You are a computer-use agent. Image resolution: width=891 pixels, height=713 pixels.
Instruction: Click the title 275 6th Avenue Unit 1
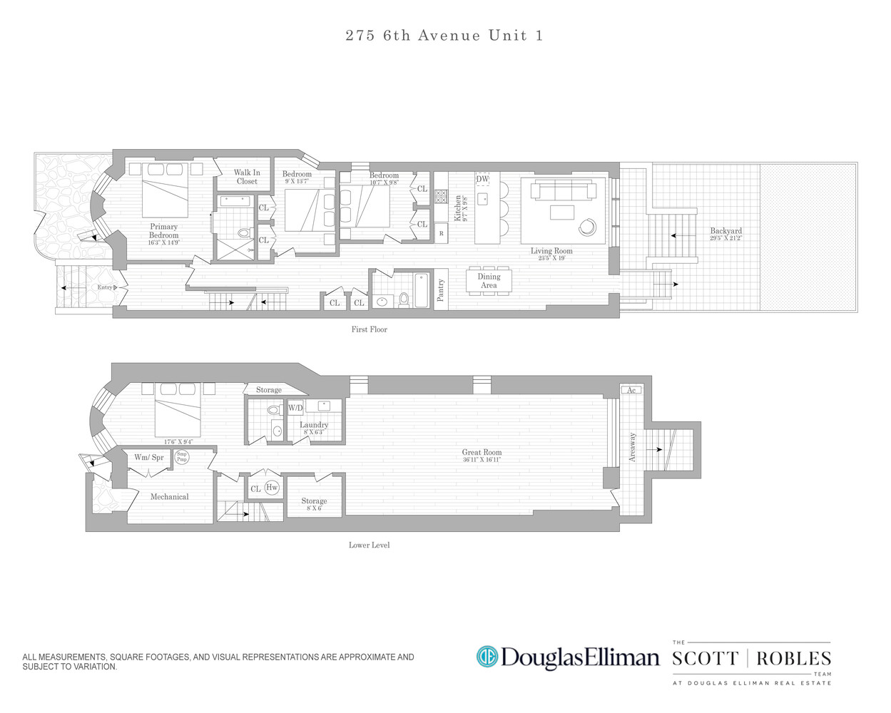click(x=444, y=36)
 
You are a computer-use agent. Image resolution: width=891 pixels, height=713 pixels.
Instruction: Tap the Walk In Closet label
click(x=247, y=177)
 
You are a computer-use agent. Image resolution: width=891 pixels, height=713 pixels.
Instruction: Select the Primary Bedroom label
click(x=163, y=231)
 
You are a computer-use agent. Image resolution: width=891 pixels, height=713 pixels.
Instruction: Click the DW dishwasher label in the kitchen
click(x=482, y=179)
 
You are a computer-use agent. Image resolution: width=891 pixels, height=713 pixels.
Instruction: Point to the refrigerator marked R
click(x=441, y=234)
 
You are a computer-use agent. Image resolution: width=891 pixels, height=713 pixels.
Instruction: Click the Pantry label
click(x=441, y=290)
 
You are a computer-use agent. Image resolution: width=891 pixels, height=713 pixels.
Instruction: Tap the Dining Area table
click(x=489, y=281)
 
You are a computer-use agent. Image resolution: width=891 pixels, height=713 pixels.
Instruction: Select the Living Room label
click(x=551, y=251)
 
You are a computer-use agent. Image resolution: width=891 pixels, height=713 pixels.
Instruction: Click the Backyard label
click(x=725, y=231)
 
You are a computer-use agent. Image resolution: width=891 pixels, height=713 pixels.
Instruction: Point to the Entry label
click(x=105, y=287)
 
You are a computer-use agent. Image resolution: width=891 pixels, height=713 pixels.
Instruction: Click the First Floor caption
click(x=369, y=329)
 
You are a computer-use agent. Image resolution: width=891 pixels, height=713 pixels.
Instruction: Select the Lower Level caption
click(x=369, y=545)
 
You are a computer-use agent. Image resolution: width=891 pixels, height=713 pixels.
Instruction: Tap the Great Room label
click(x=482, y=452)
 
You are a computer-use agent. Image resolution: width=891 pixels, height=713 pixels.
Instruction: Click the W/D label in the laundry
click(x=295, y=408)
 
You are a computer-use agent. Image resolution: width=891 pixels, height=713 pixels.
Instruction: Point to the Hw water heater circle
click(x=272, y=488)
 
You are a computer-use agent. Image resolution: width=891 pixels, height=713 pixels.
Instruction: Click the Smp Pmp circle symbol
click(x=183, y=457)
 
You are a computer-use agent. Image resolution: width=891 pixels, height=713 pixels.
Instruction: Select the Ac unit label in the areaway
click(x=631, y=390)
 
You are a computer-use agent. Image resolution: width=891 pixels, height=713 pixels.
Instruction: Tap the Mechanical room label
click(x=169, y=496)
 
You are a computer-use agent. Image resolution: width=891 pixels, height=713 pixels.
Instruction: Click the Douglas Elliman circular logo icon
click(x=487, y=657)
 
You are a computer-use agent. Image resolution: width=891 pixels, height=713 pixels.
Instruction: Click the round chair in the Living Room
click(x=587, y=227)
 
